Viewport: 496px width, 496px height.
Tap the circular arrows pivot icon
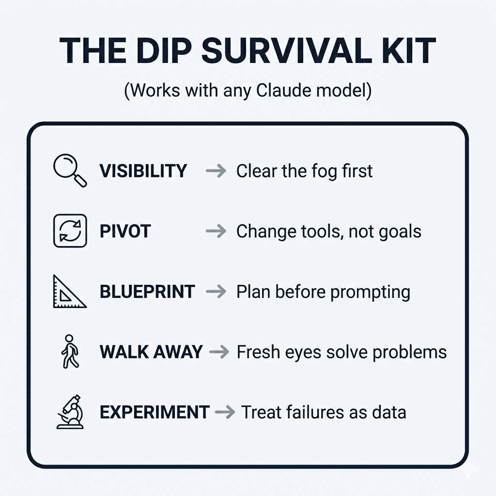click(70, 231)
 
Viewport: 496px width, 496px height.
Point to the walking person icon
click(70, 352)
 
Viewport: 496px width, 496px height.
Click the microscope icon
click(70, 412)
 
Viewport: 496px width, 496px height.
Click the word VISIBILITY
click(143, 171)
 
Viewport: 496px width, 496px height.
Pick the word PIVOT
click(125, 231)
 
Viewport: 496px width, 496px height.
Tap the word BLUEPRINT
click(147, 292)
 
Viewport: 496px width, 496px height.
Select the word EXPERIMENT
click(155, 412)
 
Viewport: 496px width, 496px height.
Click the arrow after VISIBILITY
click(216, 171)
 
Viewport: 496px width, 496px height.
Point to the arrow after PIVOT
click(216, 231)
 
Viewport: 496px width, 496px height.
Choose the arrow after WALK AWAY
click(219, 352)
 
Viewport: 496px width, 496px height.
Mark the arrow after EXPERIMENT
click(225, 412)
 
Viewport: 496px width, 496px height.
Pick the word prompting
click(370, 293)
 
